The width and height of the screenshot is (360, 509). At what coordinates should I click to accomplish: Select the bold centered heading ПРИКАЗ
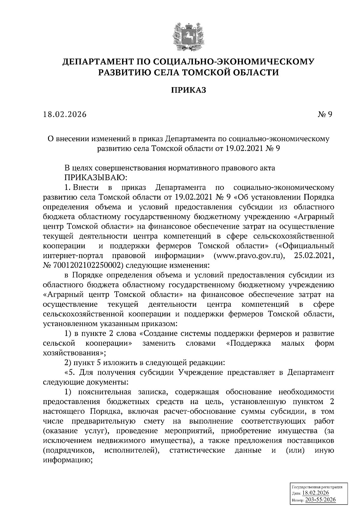[x=189, y=90]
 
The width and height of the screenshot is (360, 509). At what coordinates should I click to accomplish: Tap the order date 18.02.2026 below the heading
[x=64, y=115]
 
